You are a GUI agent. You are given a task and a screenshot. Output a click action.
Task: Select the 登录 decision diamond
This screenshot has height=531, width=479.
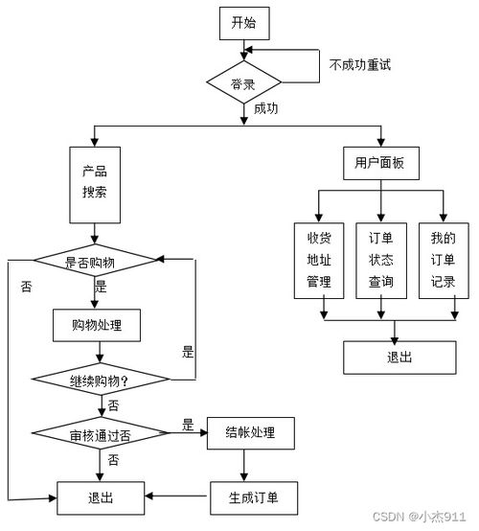point(243,83)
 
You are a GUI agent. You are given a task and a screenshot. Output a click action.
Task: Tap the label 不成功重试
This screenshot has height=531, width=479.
point(360,65)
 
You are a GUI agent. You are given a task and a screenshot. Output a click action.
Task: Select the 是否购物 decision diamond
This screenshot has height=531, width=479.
point(94,261)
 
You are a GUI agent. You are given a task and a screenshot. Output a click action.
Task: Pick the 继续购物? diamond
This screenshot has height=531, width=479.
point(100,381)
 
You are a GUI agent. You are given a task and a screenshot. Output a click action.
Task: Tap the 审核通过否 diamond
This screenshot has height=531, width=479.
point(100,434)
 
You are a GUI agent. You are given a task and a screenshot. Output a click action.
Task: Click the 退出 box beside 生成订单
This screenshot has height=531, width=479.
point(100,496)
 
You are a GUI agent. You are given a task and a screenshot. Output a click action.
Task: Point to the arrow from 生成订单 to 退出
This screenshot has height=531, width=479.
point(177,496)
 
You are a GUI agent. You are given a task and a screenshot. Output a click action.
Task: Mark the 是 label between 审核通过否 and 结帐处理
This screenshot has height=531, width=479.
point(188,425)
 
